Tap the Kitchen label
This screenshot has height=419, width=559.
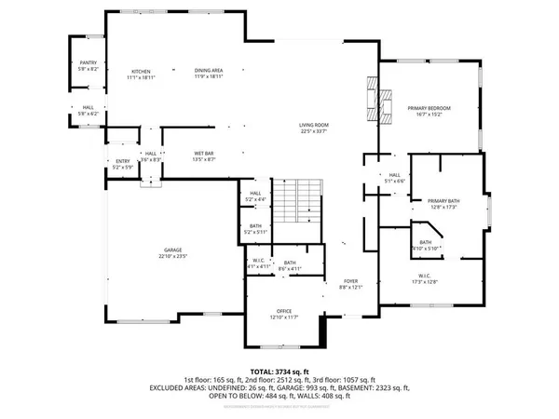pyautogui.click(x=141, y=71)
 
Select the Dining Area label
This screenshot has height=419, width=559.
pyautogui.click(x=209, y=71)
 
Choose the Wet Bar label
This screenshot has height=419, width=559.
pyautogui.click(x=179, y=155)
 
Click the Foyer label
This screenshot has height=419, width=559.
pyautogui.click(x=350, y=279)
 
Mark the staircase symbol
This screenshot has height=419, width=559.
pyautogui.click(x=302, y=202)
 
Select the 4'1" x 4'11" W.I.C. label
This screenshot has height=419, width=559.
pyautogui.click(x=260, y=264)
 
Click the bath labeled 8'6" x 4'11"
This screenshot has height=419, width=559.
pyautogui.click(x=291, y=264)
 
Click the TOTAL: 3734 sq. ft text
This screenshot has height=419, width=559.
pyautogui.click(x=279, y=370)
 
